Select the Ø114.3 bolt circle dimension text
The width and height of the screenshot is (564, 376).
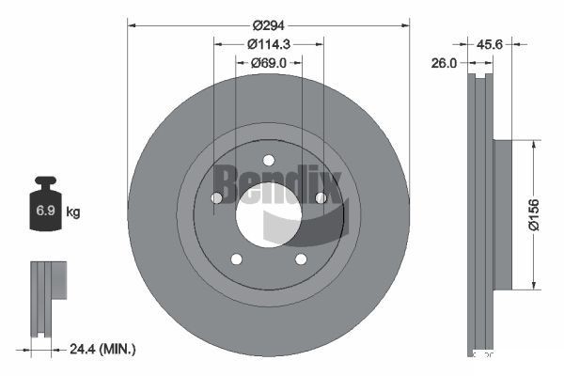[x=269, y=43]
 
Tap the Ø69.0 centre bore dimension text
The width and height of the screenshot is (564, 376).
[x=269, y=62]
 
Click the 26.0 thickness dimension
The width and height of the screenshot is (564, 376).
[x=444, y=63]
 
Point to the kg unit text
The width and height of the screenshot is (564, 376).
[x=73, y=212]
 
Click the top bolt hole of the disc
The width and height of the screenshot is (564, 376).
[x=268, y=160]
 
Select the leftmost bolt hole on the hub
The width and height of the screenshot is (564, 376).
[x=216, y=198]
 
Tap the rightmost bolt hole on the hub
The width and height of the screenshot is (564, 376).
[x=321, y=197]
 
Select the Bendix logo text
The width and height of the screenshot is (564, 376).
[x=278, y=181]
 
